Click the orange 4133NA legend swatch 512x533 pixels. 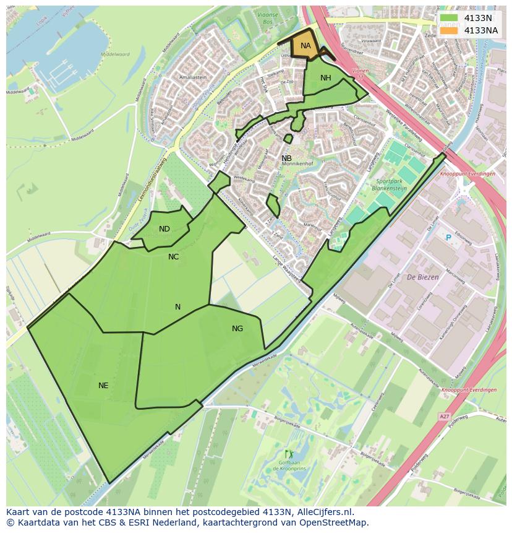[x=450, y=30]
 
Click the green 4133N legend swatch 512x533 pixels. [x=450, y=18]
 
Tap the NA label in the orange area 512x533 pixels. [x=305, y=45]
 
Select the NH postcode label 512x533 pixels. [x=326, y=77]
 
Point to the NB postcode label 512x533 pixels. [x=286, y=158]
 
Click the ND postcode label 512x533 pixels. [x=164, y=229]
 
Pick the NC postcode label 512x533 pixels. [x=173, y=256]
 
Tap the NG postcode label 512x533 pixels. [x=237, y=328]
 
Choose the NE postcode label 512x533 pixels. [x=103, y=385]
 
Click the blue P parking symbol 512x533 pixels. [x=448, y=238]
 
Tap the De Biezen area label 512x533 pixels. [x=423, y=277]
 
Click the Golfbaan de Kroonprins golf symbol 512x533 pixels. [x=286, y=454]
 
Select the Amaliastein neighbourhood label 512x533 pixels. [x=192, y=77]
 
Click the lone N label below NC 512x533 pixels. [x=177, y=306]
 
